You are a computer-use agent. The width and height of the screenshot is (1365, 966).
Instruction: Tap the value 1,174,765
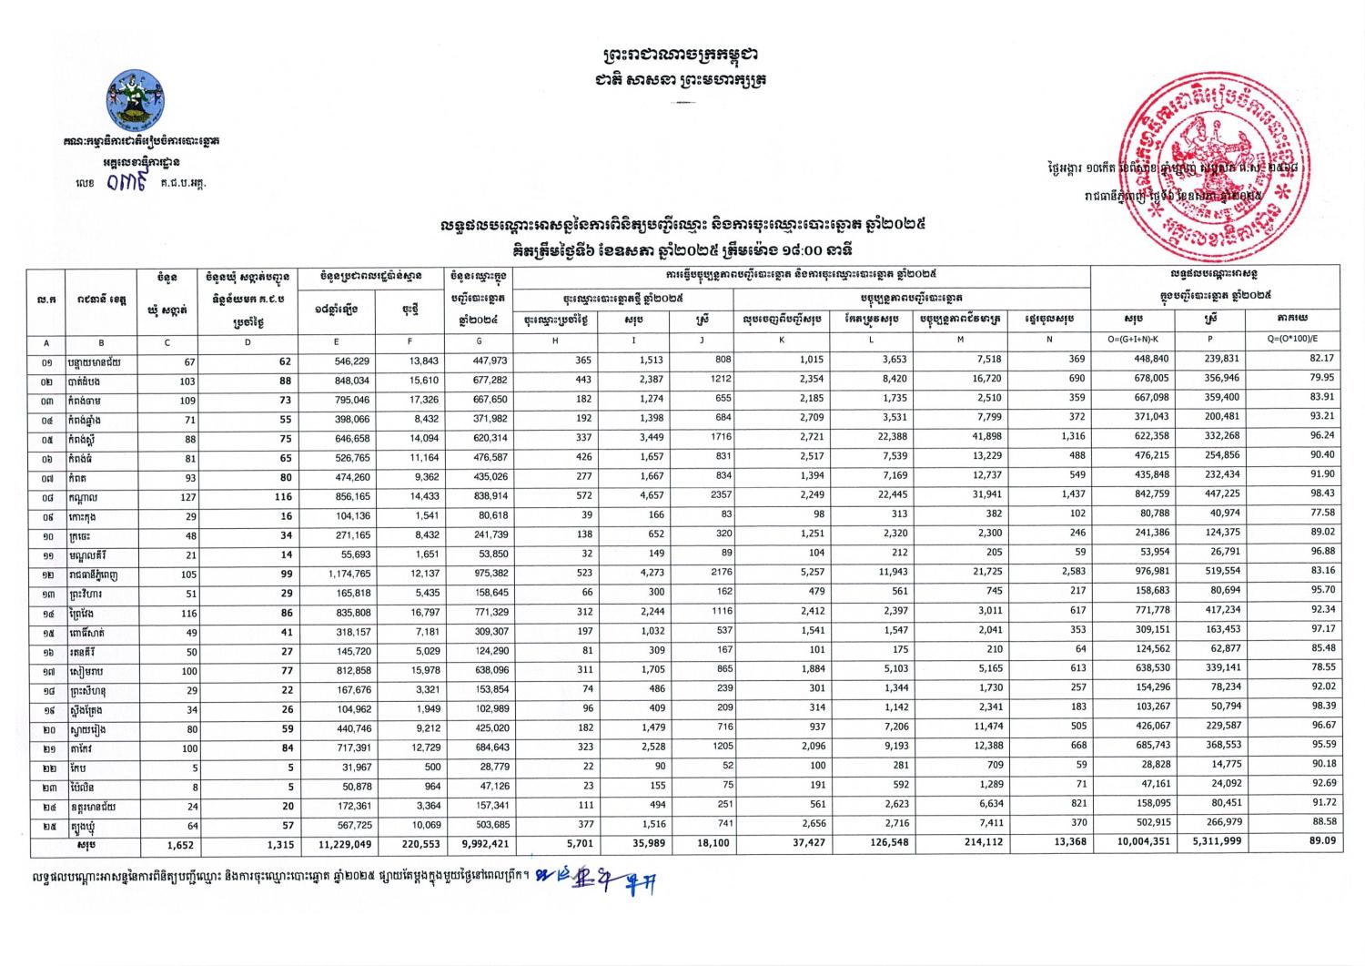coord(348,574)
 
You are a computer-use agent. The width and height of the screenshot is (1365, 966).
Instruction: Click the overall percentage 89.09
coord(1320,841)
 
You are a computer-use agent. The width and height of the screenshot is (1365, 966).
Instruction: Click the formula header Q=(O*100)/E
coord(1293,341)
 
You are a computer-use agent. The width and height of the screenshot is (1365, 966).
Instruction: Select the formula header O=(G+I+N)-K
coord(1128,341)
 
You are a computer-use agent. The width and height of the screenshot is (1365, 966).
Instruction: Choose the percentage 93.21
coord(1320,418)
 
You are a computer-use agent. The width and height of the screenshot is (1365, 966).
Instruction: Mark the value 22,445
coord(882,496)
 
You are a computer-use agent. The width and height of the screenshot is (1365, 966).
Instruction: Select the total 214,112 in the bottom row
coord(979,843)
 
